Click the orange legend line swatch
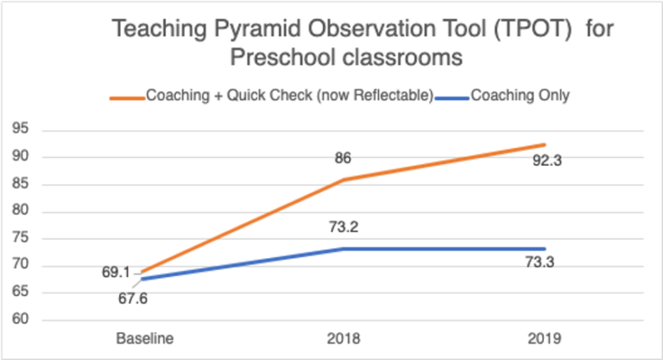coord(127,97)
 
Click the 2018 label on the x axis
coord(344,338)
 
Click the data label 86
coord(343,159)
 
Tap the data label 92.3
coord(546,160)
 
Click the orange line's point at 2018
coord(344,180)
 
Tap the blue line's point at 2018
coord(344,249)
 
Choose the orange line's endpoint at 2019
coord(546,145)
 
